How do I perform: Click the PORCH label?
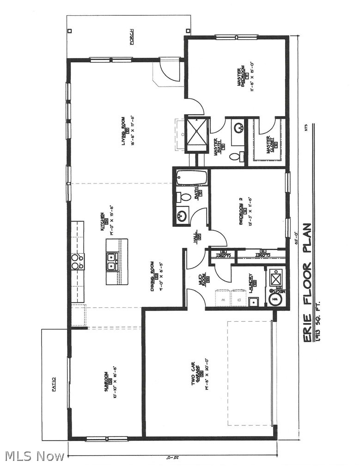coord(132,37)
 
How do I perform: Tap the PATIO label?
coord(54,384)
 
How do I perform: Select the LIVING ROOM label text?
coord(124,131)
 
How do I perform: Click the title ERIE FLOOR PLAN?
coord(307,283)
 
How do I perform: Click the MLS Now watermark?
coord(33,456)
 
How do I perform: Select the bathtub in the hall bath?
coord(192,178)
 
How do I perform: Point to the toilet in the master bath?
coord(235,157)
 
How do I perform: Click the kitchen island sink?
coord(111,262)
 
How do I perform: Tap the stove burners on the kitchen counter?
coord(77,262)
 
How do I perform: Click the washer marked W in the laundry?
coord(223,299)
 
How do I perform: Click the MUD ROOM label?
coord(201,280)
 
